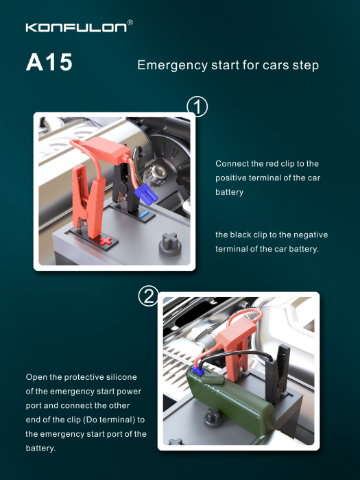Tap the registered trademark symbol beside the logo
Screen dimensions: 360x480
pyautogui.click(x=130, y=23)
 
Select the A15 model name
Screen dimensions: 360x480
pyautogui.click(x=49, y=62)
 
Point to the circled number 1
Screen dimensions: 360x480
pyautogui.click(x=197, y=107)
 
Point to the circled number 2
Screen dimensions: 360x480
pyautogui.click(x=149, y=296)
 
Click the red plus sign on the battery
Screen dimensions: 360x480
pyautogui.click(x=106, y=241)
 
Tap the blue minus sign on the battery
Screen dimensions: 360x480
pyautogui.click(x=143, y=214)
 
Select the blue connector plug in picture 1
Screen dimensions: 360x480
pyautogui.click(x=146, y=194)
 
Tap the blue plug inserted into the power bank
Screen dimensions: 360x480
pyautogui.click(x=198, y=372)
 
